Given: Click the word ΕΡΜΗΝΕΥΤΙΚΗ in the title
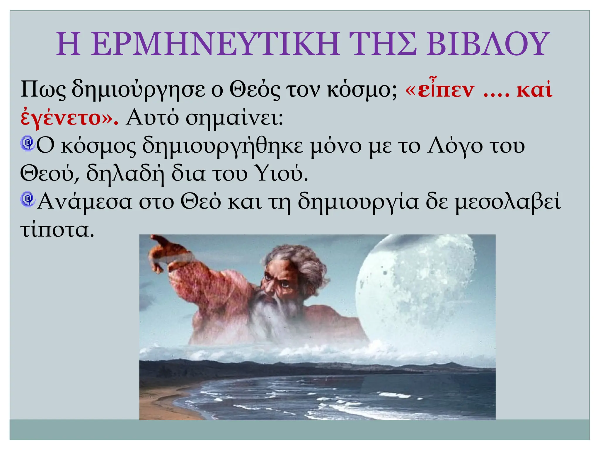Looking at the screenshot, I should tap(215, 44).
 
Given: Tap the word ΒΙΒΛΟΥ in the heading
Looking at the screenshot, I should tap(486, 44).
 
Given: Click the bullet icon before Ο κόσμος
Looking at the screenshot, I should tap(28, 144).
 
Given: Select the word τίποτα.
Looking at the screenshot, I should tap(57, 230).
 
